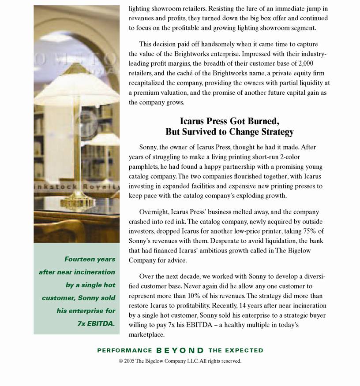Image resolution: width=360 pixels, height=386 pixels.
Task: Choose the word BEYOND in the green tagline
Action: [180, 351]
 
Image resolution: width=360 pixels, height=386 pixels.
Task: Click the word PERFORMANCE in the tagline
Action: [124, 351]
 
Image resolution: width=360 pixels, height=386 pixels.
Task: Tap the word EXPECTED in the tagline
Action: [244, 351]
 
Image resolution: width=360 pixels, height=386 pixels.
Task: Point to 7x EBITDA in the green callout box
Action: [96, 324]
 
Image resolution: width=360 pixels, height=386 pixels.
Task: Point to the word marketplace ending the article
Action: [146, 334]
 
